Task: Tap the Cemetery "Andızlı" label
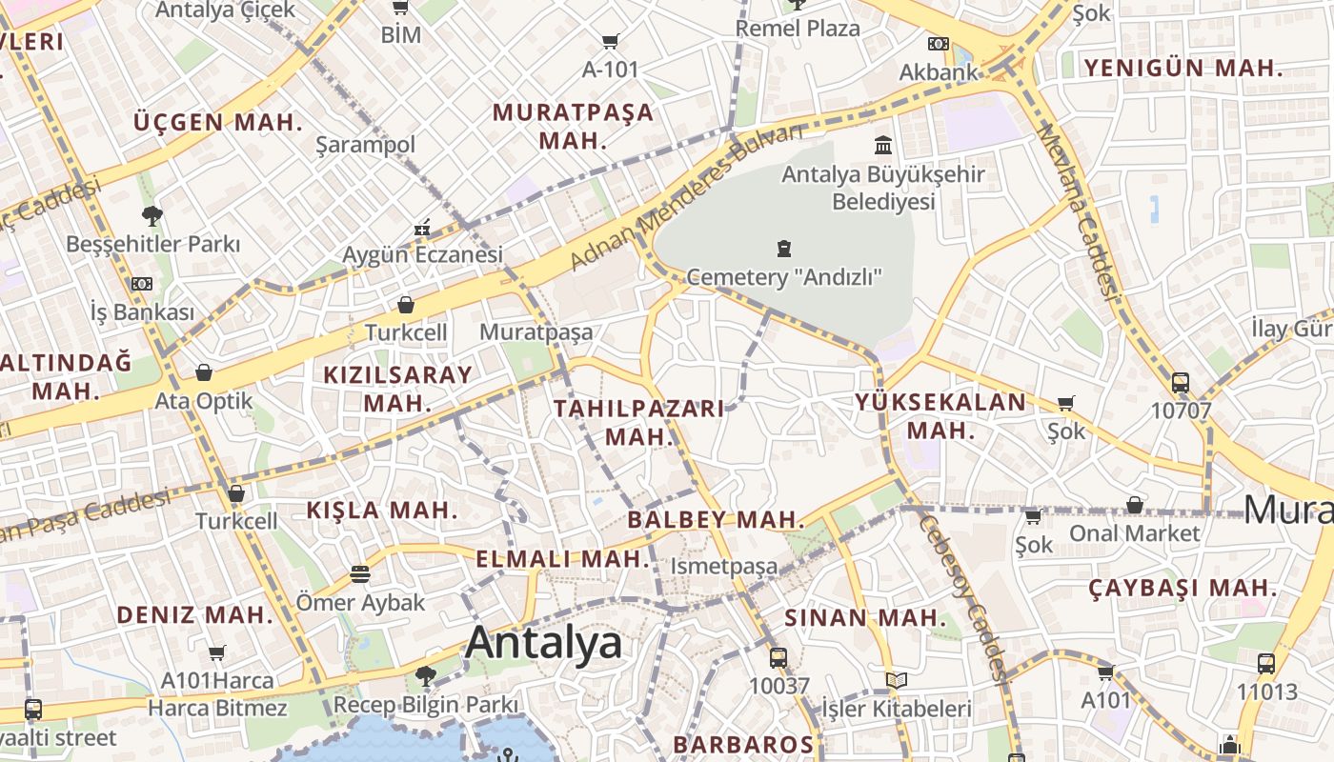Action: pyautogui.click(x=784, y=277)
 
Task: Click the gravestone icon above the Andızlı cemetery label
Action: pyautogui.click(x=784, y=250)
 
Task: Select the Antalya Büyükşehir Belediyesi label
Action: pyautogui.click(x=883, y=188)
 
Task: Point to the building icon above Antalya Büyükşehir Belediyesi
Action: pyautogui.click(x=883, y=146)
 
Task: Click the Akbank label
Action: pyautogui.click(x=939, y=72)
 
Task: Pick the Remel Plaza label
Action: pyautogui.click(x=798, y=29)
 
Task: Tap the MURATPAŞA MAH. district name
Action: pyautogui.click(x=573, y=126)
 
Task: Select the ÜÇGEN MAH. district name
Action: pyautogui.click(x=218, y=123)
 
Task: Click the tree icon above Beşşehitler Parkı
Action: pyautogui.click(x=152, y=216)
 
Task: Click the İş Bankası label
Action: pyautogui.click(x=142, y=311)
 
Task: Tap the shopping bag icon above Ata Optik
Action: pyautogui.click(x=203, y=372)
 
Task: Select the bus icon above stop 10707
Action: pyautogui.click(x=1180, y=383)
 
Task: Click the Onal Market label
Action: pyautogui.click(x=1134, y=532)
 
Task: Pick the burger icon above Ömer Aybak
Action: pyautogui.click(x=359, y=574)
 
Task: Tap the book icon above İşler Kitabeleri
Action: pyautogui.click(x=896, y=680)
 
